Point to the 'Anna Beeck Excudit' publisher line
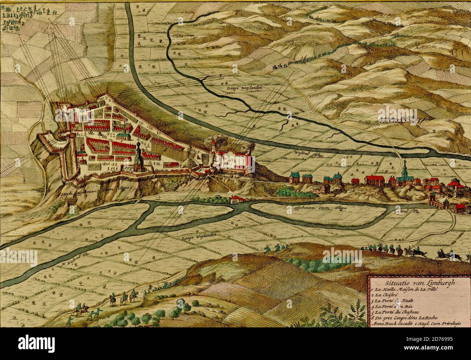coord(415,323)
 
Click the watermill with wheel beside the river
coord(237,200)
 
